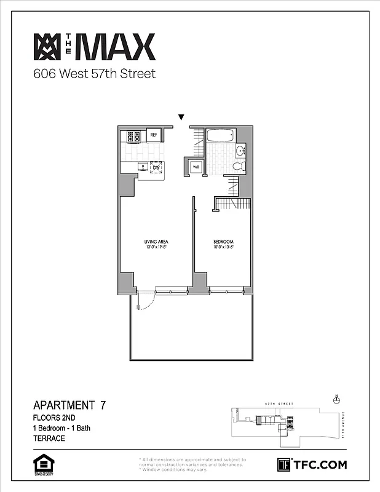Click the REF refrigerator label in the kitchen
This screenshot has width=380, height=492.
(154, 135)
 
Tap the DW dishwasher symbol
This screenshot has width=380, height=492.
(156, 167)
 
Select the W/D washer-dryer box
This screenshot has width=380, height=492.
(196, 167)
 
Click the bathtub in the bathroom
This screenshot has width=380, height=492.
(222, 135)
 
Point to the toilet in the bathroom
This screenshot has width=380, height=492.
(241, 165)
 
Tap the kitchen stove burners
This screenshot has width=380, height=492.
(134, 136)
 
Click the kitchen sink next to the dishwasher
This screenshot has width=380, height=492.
(143, 167)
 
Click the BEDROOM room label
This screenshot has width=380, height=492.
(223, 242)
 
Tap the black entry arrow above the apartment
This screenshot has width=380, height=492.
(181, 117)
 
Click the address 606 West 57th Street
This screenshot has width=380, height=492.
(94, 74)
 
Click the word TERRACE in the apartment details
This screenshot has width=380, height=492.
(49, 438)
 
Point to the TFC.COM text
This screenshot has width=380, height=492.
(319, 465)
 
